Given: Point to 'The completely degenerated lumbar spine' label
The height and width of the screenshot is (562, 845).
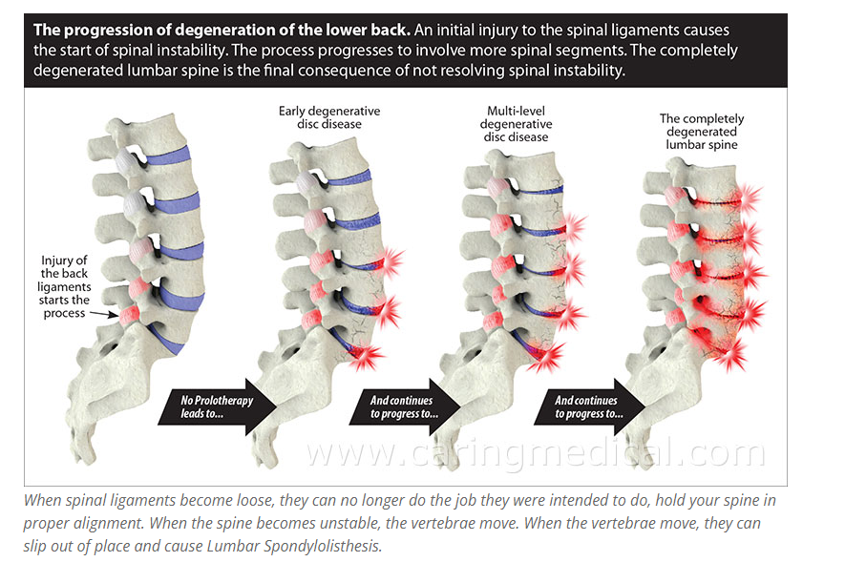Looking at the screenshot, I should click(702, 132).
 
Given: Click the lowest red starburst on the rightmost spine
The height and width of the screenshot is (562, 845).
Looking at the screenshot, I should click(731, 355).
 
